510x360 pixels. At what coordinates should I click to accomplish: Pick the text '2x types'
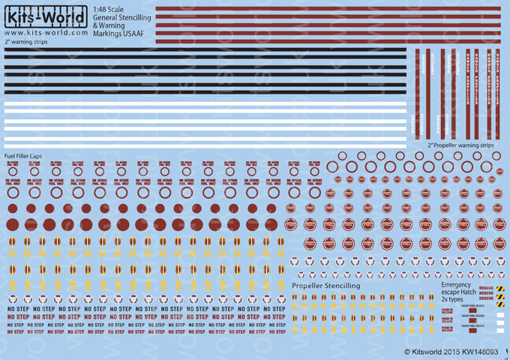pos(454,301)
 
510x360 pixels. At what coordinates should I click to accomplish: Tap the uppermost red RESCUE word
pos(485,288)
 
